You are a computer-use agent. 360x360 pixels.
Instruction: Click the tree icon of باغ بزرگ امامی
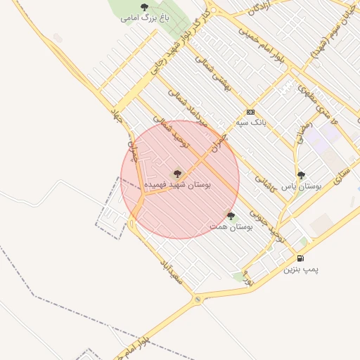[x=144, y=8]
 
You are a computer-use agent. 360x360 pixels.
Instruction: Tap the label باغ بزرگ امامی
[x=144, y=18]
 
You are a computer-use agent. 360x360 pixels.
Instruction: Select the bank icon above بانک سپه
[x=250, y=112]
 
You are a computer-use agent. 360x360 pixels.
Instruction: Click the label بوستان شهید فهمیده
[x=176, y=184]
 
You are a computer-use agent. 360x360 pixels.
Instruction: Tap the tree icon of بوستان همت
[x=231, y=216]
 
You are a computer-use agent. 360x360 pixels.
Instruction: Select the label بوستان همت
[x=231, y=227]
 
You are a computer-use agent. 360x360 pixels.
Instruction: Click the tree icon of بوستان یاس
[x=301, y=176]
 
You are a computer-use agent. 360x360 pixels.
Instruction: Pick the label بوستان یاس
[x=301, y=187]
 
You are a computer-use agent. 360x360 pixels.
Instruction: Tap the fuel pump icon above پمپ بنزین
[x=301, y=258]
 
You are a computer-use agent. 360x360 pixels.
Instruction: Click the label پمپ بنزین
[x=301, y=269]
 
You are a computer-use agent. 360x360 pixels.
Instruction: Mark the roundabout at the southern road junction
[x=198, y=300]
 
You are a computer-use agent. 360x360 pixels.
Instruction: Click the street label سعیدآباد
[x=172, y=271]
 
